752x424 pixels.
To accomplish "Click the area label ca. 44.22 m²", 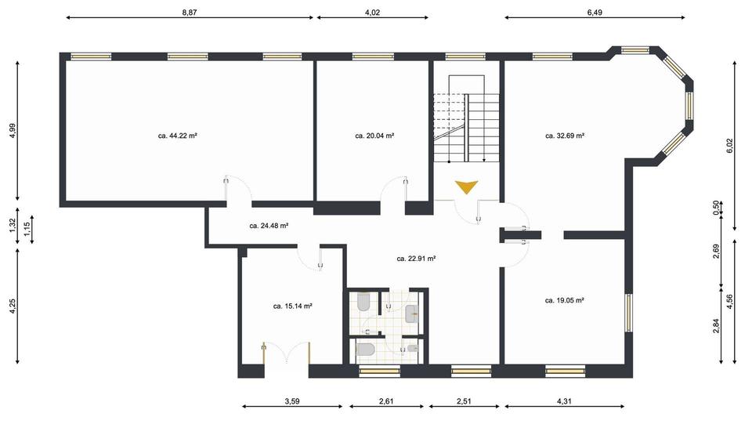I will coord(177,136).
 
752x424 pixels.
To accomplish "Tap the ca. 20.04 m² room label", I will coord(374,136).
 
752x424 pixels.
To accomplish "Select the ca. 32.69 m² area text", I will coord(565,136).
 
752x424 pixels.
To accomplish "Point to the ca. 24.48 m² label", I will coord(269,226).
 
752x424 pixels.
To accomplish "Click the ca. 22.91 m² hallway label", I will coord(416,258).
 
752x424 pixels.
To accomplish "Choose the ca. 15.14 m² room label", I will coord(293,306).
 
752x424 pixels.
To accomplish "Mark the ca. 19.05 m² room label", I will coord(565,299).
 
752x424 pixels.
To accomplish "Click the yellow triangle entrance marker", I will coord(466,187).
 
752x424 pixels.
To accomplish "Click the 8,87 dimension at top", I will coord(190,12).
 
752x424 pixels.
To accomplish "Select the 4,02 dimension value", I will coord(373,12).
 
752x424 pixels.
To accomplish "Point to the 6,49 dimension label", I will coord(595,12).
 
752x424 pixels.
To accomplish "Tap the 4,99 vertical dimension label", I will coord(12,131).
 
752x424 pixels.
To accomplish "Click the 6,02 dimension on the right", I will coord(729,145).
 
